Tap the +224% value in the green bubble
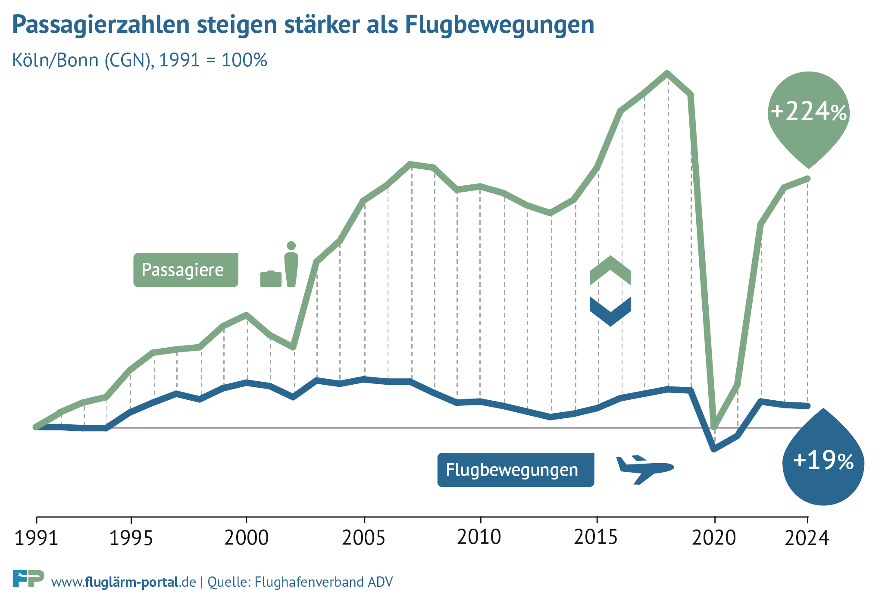tap(809, 112)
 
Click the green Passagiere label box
tap(185, 270)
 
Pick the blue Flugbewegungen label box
tap(515, 470)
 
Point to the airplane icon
tap(644, 469)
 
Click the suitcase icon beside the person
tap(271, 279)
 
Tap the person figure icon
tap(291, 264)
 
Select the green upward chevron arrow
tap(610, 270)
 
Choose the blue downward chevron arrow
tap(610, 311)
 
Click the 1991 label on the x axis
tap(36, 539)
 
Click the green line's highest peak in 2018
tap(667, 73)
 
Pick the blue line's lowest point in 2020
tap(714, 449)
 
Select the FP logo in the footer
tap(28, 579)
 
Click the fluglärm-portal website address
tap(124, 582)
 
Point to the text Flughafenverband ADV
tap(324, 582)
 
